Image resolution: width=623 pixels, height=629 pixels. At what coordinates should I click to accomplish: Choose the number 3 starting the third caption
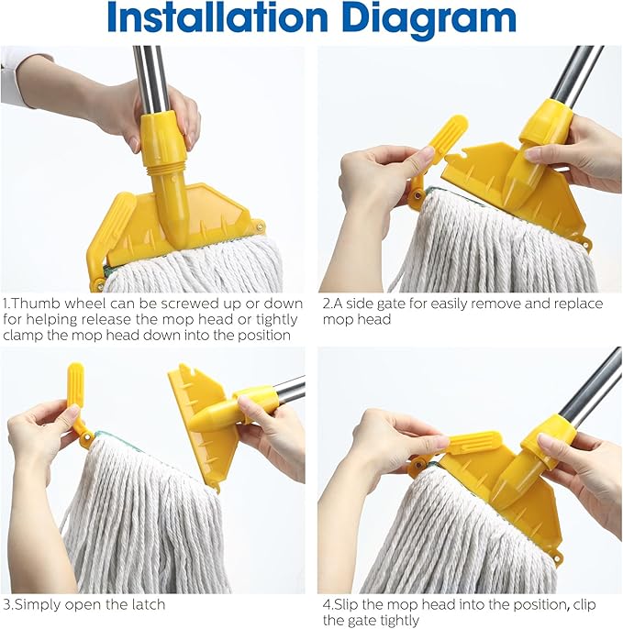(x=6, y=605)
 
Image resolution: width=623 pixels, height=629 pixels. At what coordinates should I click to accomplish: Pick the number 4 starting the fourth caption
(x=327, y=605)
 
